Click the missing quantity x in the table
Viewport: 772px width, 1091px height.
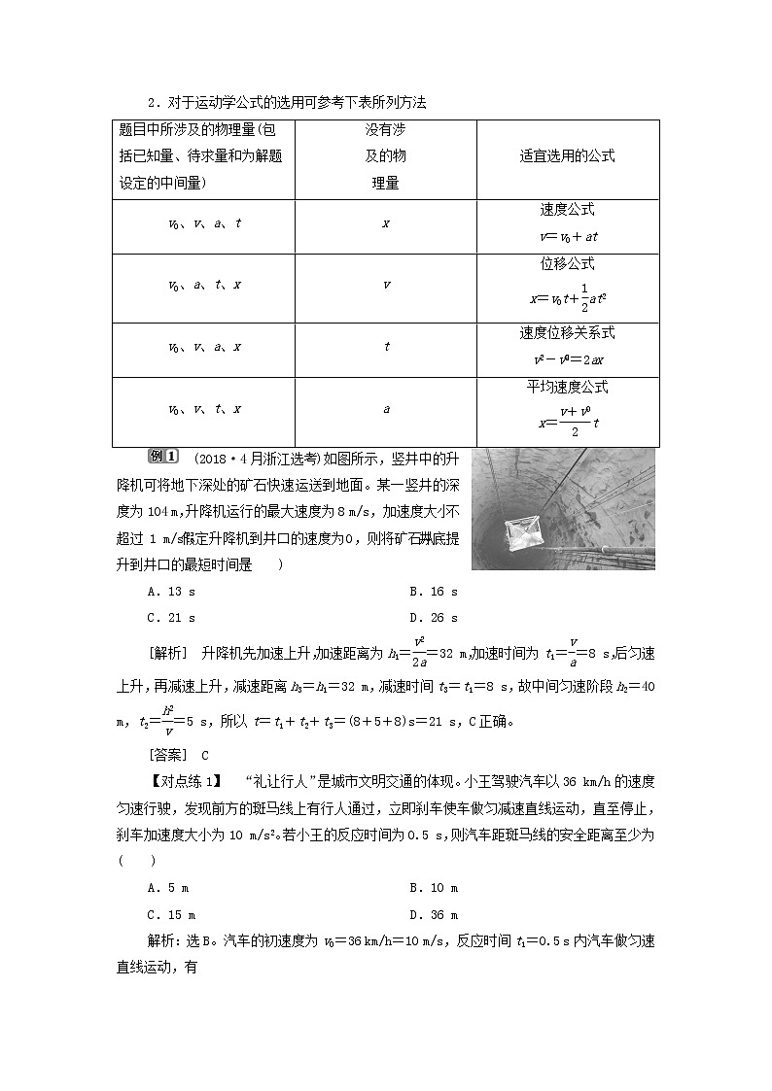pos(386,223)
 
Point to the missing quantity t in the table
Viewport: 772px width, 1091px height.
pos(386,347)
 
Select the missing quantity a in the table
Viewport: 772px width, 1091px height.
pos(386,409)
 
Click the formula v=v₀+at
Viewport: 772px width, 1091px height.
pos(567,236)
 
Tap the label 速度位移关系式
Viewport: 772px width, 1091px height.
pos(567,333)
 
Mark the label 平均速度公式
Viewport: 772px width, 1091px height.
pos(567,387)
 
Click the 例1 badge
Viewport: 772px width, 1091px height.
pos(161,457)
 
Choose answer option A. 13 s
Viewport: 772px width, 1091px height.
pos(171,592)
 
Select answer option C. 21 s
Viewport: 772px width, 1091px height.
pos(171,617)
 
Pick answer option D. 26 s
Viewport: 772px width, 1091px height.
pos(434,617)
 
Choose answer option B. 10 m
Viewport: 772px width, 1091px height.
pos(434,888)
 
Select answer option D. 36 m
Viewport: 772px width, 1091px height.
pos(434,914)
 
